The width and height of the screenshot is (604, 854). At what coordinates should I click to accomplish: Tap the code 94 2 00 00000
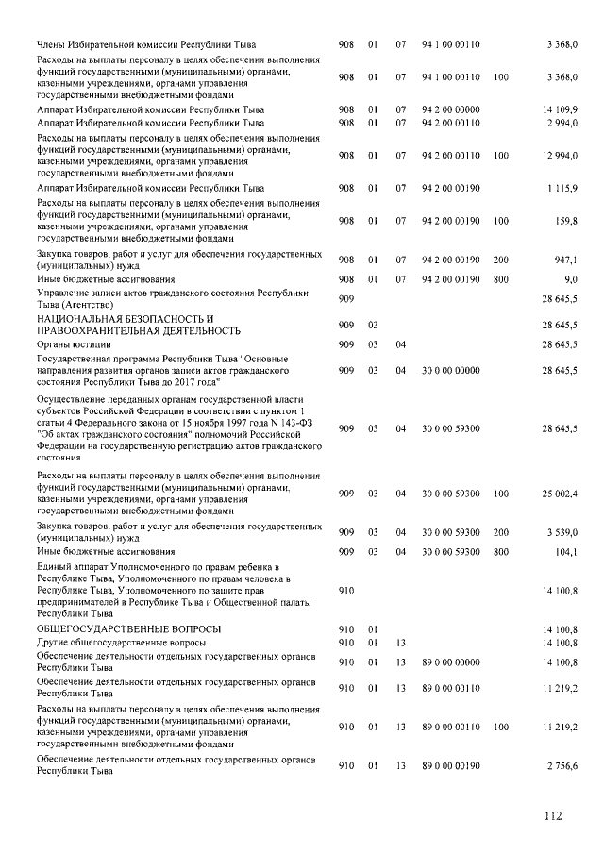pos(451,110)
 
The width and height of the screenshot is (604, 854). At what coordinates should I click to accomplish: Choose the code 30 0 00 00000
pos(451,372)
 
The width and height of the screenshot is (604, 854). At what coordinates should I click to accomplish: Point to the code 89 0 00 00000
pos(451,662)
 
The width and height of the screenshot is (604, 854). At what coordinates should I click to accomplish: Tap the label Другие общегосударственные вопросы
pos(120,642)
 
